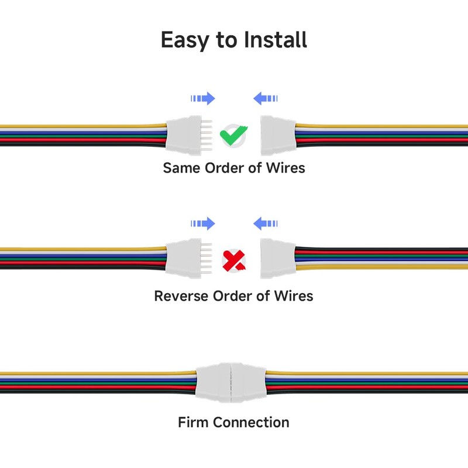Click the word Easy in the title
click(x=187, y=40)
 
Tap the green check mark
click(x=233, y=136)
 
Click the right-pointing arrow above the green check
click(x=203, y=98)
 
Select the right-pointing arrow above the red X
click(x=203, y=223)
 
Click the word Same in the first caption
click(x=182, y=168)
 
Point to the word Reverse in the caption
click(x=181, y=296)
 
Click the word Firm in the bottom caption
click(x=193, y=422)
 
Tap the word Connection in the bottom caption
click(x=251, y=422)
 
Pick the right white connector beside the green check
click(x=278, y=134)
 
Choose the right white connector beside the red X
click(x=278, y=258)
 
